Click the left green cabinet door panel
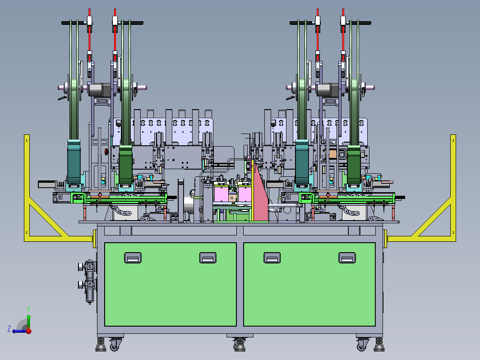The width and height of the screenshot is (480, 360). (x=170, y=284)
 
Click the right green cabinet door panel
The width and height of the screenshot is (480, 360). (x=309, y=284)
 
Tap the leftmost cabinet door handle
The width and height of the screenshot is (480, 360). (x=133, y=258)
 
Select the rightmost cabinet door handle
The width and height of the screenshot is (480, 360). (x=347, y=258)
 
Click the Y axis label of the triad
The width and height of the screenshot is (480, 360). (x=28, y=309)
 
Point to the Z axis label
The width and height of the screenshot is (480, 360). (x=9, y=329)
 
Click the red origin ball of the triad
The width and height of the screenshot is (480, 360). (x=29, y=331)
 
